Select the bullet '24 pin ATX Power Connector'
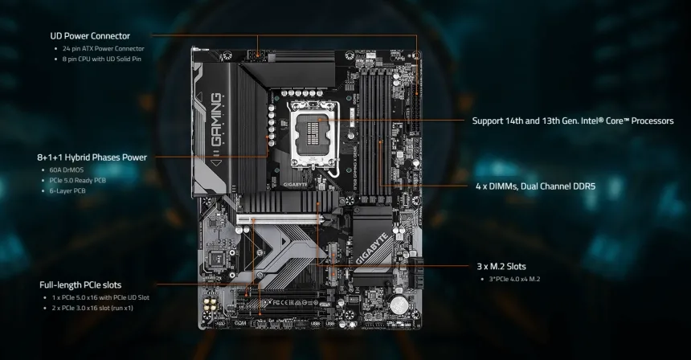[x=104, y=49]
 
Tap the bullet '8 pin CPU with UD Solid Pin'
[x=102, y=59]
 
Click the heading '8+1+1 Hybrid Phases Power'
[x=92, y=157]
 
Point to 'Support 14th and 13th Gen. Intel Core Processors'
[x=573, y=121]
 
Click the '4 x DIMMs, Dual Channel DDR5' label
[x=534, y=186]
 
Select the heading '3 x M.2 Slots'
[x=501, y=266]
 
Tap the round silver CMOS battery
[x=399, y=305]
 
